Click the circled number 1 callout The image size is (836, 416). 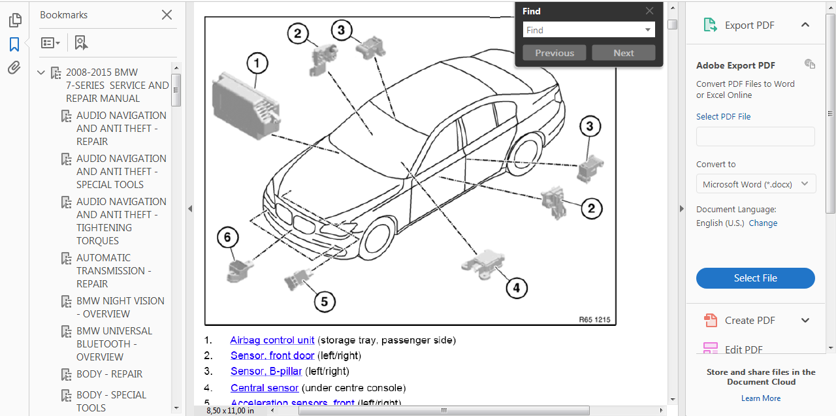[257, 63]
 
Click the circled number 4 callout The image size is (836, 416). [516, 287]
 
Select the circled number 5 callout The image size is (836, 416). [325, 301]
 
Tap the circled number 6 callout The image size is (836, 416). [227, 237]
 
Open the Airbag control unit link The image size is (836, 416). [272, 340]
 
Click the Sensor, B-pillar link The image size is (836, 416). [266, 372]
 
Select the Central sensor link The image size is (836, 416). [265, 388]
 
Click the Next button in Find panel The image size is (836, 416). [623, 53]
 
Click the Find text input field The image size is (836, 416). [583, 30]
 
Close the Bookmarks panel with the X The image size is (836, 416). [167, 15]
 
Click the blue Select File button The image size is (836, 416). [755, 278]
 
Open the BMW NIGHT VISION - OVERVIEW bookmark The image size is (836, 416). [120, 308]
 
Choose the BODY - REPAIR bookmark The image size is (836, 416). [109, 374]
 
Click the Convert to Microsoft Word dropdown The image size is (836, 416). [756, 184]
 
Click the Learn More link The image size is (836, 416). [761, 398]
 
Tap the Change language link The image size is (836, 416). [763, 223]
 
